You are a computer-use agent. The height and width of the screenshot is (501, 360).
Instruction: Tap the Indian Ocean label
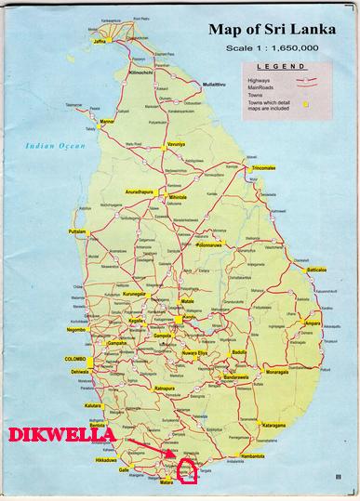[x=55, y=145]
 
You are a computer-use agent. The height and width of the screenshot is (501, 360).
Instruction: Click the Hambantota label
[x=253, y=456]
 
